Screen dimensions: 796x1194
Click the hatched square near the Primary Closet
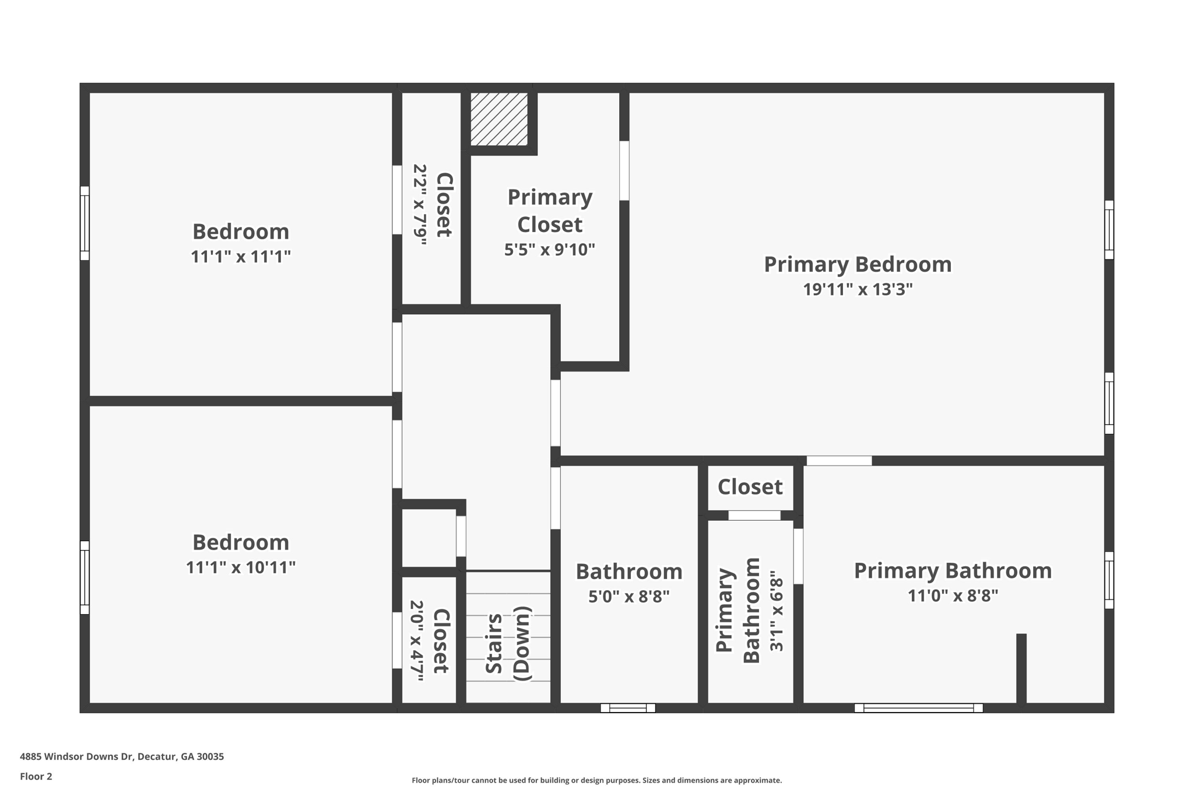(499, 119)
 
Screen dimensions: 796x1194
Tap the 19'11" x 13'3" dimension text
(858, 289)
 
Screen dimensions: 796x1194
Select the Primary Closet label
(550, 211)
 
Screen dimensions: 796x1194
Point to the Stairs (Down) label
(508, 643)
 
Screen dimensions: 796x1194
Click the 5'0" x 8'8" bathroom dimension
(628, 597)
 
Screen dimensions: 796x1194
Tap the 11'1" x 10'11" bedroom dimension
(241, 567)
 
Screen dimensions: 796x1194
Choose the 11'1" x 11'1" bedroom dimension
(241, 257)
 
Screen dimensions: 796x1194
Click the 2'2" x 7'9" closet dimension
(420, 205)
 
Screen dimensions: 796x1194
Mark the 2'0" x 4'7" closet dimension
(417, 640)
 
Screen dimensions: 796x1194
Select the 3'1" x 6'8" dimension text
(776, 611)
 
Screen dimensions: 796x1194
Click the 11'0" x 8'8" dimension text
(953, 595)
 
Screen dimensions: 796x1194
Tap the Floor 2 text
(36, 776)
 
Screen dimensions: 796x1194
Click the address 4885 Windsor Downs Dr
(122, 756)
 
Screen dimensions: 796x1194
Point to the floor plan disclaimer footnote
(596, 780)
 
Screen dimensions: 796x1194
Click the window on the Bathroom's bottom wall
(628, 708)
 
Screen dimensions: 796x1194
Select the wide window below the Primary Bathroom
(918, 708)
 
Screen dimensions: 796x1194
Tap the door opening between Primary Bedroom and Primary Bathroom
(839, 461)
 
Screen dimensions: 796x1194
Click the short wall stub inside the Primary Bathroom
(1021, 668)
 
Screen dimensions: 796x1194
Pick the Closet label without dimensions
(750, 487)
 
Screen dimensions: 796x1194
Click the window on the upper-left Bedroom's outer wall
(85, 223)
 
